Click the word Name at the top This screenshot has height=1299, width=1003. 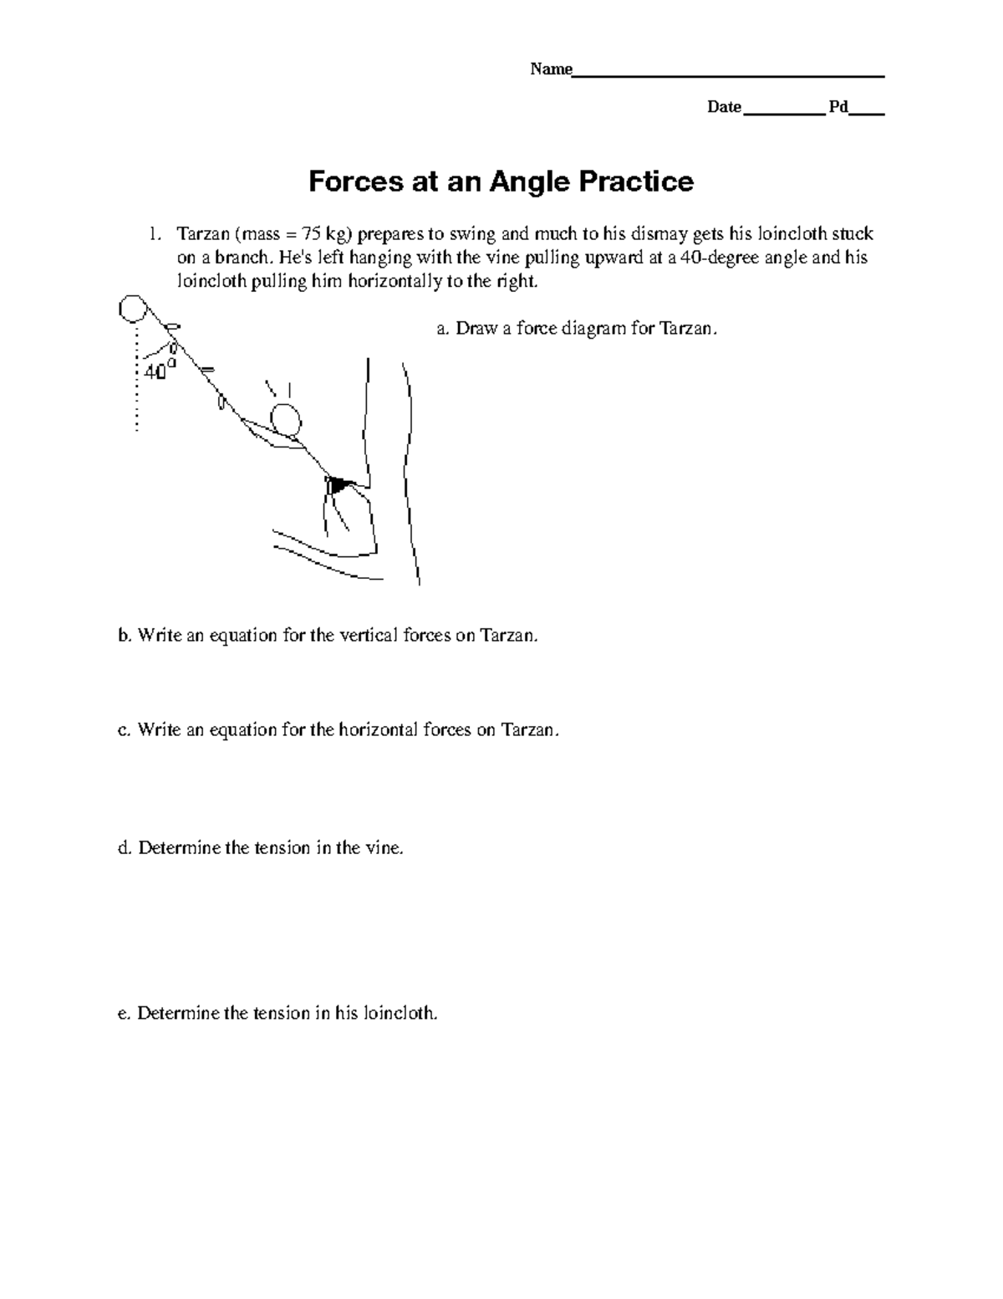(x=551, y=69)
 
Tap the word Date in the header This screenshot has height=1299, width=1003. (x=724, y=107)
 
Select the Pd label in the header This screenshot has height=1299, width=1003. (x=838, y=107)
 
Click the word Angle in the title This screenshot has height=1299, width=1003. (x=530, y=182)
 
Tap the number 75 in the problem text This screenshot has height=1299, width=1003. (x=311, y=233)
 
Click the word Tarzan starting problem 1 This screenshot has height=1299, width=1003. (x=203, y=233)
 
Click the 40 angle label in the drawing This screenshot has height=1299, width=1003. (x=155, y=372)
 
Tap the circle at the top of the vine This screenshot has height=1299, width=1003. (x=133, y=309)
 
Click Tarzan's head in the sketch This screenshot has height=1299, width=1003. (x=286, y=420)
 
